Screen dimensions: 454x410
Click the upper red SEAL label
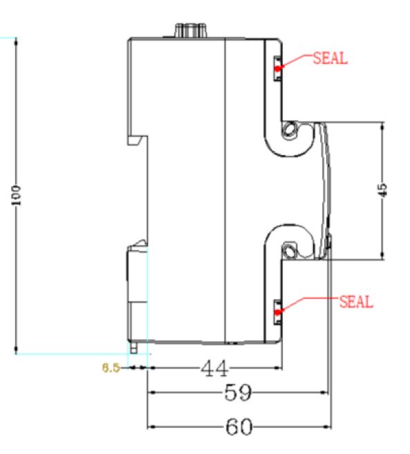pyautogui.click(x=330, y=58)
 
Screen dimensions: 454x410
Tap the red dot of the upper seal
pyautogui.click(x=277, y=69)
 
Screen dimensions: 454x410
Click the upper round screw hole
pyautogui.click(x=290, y=129)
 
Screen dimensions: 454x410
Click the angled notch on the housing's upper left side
pyautogui.click(x=137, y=140)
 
